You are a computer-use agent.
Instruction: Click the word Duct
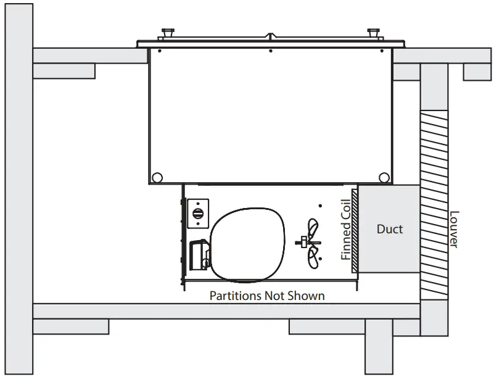(390, 229)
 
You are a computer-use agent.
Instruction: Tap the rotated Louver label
(453, 230)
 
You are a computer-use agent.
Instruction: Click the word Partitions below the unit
(236, 296)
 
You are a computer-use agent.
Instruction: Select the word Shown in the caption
(305, 296)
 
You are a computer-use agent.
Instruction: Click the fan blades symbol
(312, 244)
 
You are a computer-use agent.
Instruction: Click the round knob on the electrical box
(198, 212)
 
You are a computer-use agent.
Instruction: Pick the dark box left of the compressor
(198, 255)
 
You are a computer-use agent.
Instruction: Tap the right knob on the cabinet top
(372, 32)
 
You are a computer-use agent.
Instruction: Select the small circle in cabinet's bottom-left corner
(157, 178)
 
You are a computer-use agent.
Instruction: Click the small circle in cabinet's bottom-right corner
(384, 178)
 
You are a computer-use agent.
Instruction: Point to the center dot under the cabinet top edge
(270, 50)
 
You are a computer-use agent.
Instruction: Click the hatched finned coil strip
(355, 230)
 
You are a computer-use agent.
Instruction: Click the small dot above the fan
(319, 206)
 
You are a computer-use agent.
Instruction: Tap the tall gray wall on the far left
(19, 185)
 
